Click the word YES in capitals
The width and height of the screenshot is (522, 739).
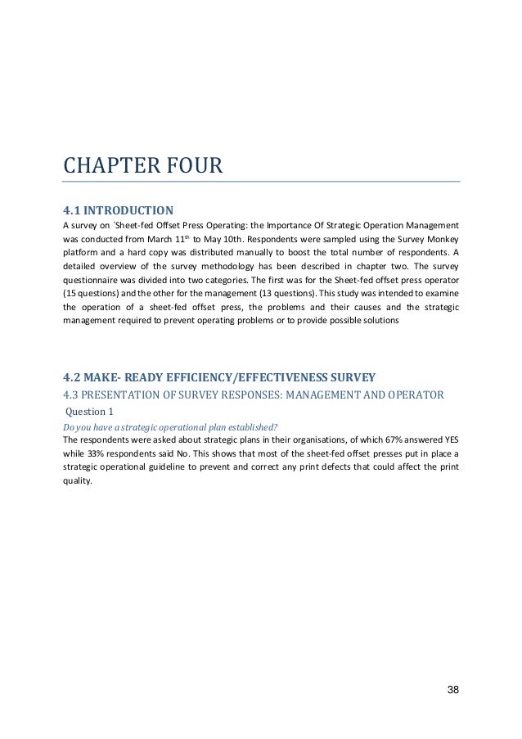pyautogui.click(x=451, y=439)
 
